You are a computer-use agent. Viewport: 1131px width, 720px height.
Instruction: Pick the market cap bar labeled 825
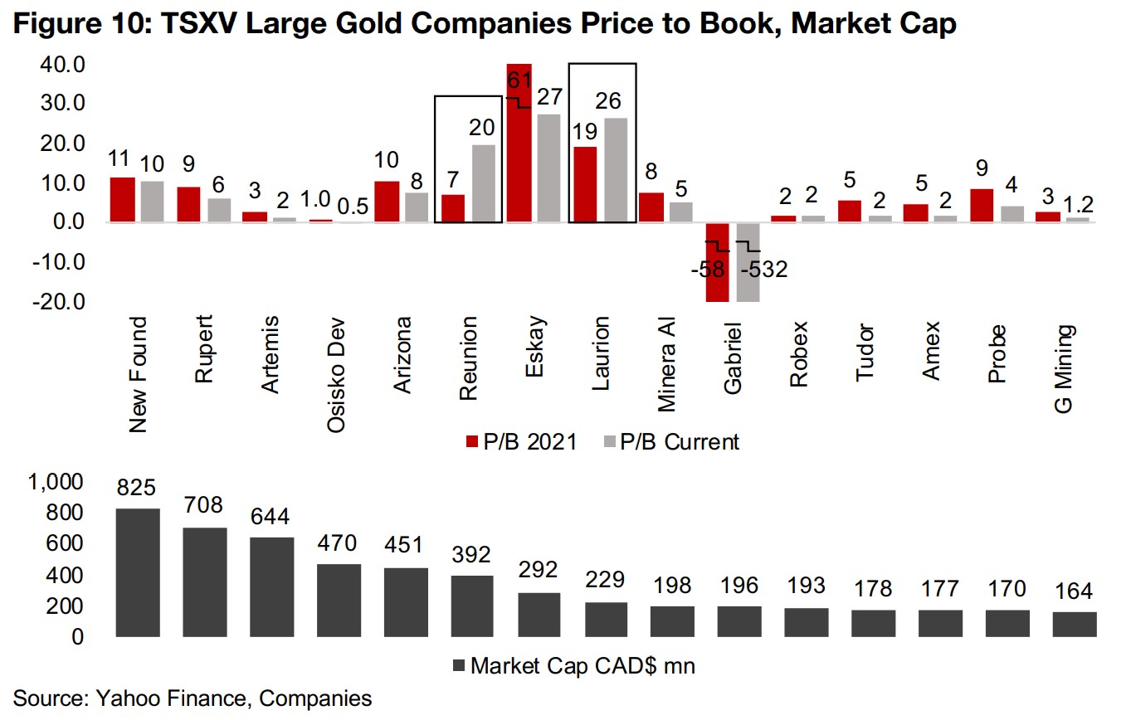[x=138, y=572]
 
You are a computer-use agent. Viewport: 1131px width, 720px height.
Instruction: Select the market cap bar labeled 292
[x=539, y=615]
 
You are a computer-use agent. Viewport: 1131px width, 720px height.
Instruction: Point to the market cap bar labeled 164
[x=1075, y=624]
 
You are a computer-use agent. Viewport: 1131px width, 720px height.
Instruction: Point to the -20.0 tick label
[x=59, y=301]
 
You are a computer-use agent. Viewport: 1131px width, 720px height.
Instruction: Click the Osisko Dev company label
[x=337, y=374]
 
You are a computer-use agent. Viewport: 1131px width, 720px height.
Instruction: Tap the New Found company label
[x=138, y=374]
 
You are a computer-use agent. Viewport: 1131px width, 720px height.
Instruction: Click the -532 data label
[x=763, y=270]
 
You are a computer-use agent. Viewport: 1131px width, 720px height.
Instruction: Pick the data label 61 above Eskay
[x=519, y=81]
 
